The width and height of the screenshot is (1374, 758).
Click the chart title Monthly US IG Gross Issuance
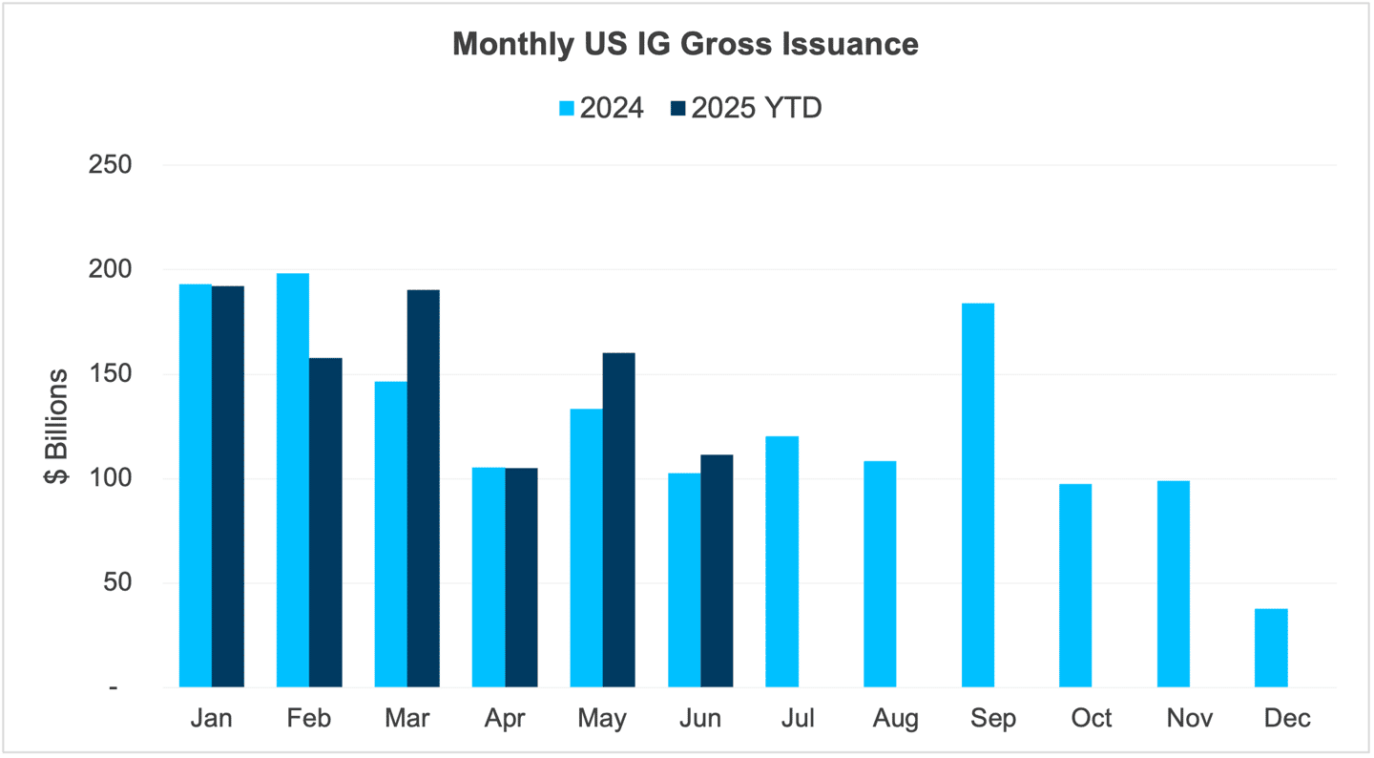pyautogui.click(x=685, y=45)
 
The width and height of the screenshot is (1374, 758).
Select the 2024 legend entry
pyautogui.click(x=600, y=108)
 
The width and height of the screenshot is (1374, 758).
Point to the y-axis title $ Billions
pyautogui.click(x=56, y=426)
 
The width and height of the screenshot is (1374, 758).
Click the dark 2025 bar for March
pyautogui.click(x=424, y=488)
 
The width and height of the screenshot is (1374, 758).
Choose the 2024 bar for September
pyautogui.click(x=978, y=495)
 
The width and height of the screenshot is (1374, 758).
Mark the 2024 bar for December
pyautogui.click(x=1271, y=647)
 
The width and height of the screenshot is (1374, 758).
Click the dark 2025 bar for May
pyautogui.click(x=618, y=519)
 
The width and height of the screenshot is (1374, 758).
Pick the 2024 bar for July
pyautogui.click(x=782, y=561)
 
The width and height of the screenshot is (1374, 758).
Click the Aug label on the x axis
pyautogui.click(x=895, y=718)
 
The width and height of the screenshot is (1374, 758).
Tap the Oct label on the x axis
pyautogui.click(x=1092, y=718)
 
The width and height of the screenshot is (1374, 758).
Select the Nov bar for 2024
pyautogui.click(x=1174, y=583)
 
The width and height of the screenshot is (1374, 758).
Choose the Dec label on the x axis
pyautogui.click(x=1287, y=718)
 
